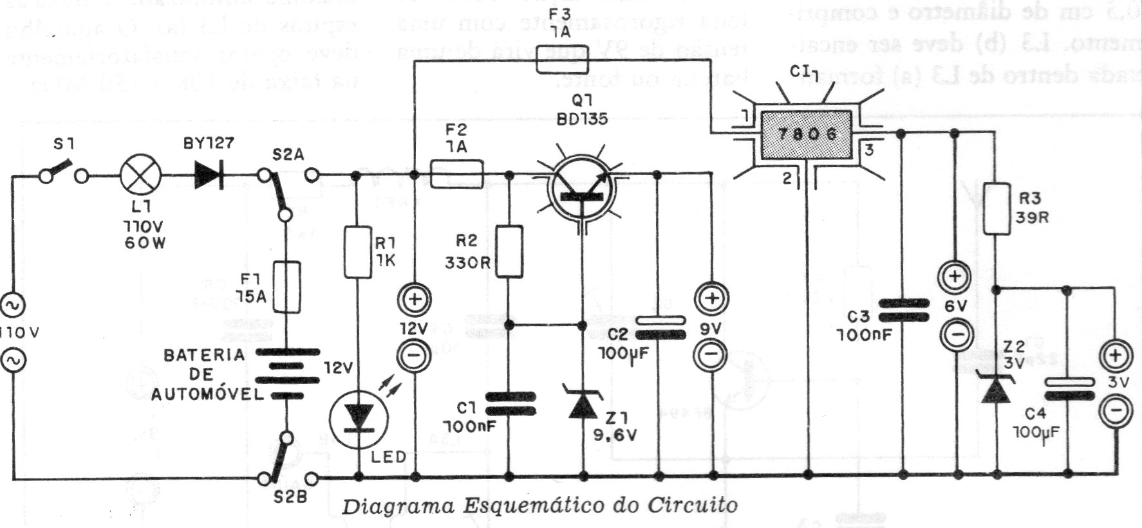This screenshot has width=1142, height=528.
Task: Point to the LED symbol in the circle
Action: coord(359,419)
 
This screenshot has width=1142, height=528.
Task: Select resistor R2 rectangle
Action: coord(510,251)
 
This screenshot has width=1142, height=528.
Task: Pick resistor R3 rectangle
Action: coord(996,208)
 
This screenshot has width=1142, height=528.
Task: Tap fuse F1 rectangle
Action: coord(287,286)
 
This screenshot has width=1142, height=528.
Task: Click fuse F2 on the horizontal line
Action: coord(456,175)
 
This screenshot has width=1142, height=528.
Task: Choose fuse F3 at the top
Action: coord(561,61)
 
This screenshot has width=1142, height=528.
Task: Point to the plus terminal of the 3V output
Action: coord(1115,356)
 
